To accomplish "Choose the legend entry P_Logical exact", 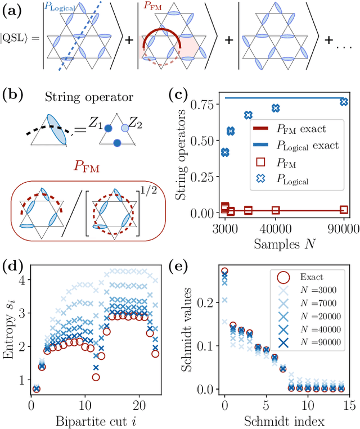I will pos(307,146).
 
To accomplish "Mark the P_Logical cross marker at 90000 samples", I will pos(344,102).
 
